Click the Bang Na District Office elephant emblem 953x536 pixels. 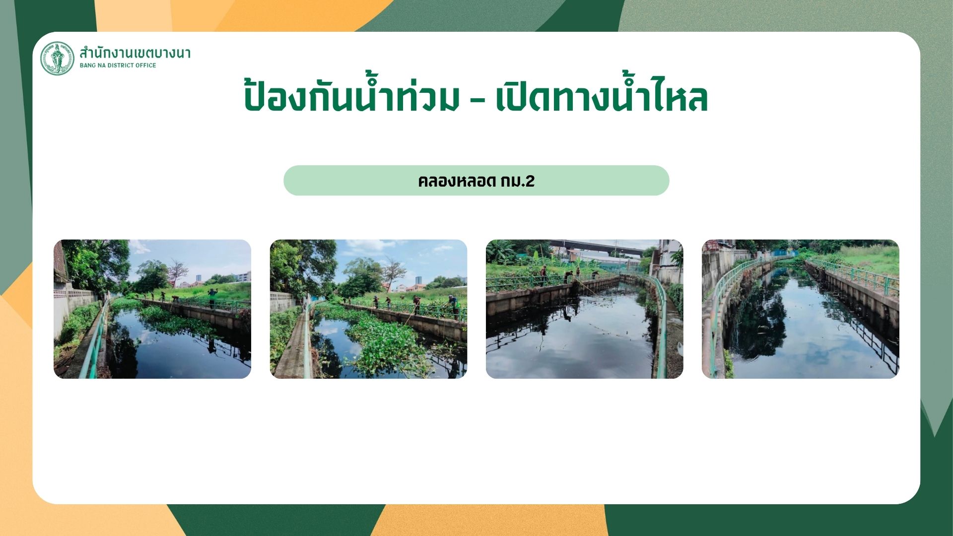[57, 58]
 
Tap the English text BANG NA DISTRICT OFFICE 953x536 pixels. [118, 66]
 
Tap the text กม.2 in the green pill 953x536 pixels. [518, 181]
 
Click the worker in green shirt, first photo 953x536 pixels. [212, 298]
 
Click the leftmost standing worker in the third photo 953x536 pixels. [544, 275]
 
